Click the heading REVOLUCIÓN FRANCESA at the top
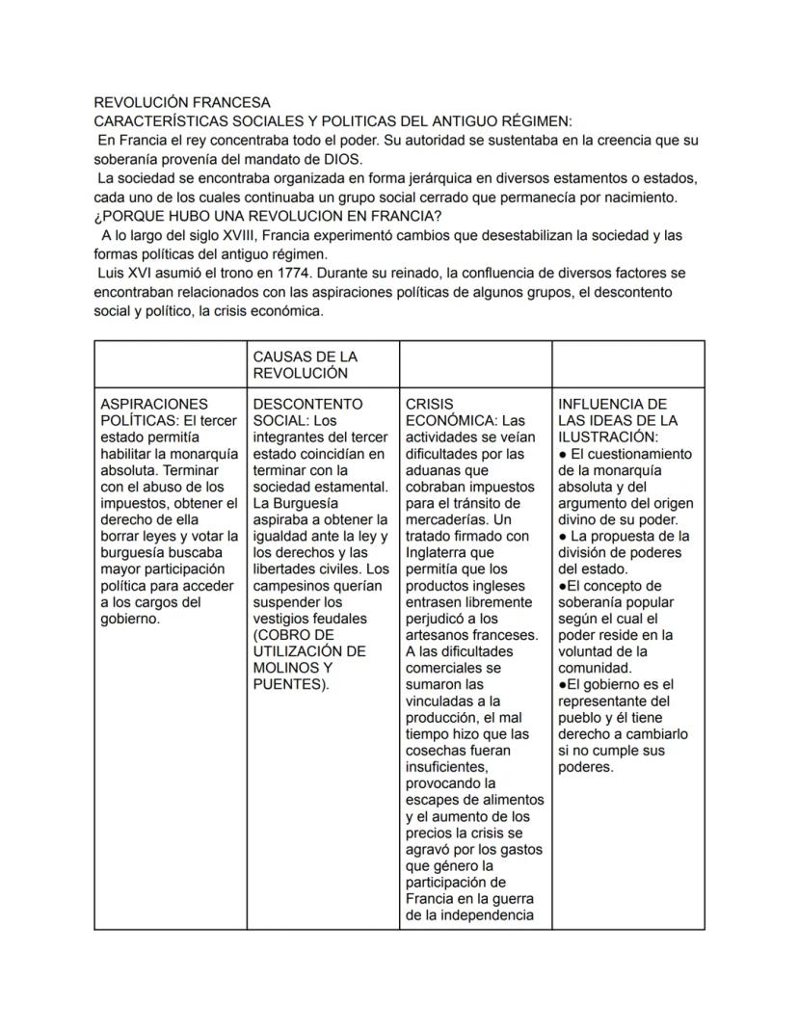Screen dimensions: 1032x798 point(182,102)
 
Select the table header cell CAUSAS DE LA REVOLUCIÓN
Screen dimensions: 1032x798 point(305,364)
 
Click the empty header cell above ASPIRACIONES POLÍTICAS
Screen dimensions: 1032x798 point(170,364)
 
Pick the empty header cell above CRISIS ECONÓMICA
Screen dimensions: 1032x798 point(475,364)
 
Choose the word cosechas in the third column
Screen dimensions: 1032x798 point(439,751)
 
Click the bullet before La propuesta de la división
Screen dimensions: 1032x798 point(563,536)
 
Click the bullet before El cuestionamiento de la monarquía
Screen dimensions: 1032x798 point(563,454)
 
